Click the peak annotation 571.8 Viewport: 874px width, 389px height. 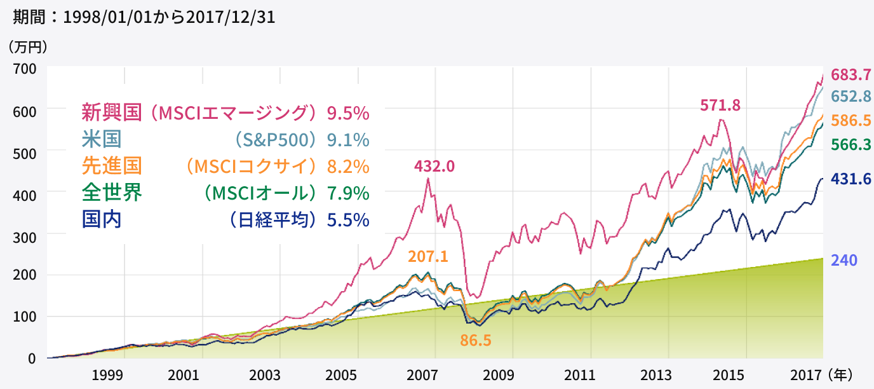point(720,106)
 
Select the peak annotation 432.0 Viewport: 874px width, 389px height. point(434,166)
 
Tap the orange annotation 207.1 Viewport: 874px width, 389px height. point(428,257)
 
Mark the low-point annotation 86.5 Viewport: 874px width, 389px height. point(476,340)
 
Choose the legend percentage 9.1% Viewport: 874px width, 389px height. point(347,139)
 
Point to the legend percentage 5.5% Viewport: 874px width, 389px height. point(347,220)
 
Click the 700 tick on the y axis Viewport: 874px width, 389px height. point(24,68)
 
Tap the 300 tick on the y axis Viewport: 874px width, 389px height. point(24,235)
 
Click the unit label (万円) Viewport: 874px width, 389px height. point(29,46)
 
